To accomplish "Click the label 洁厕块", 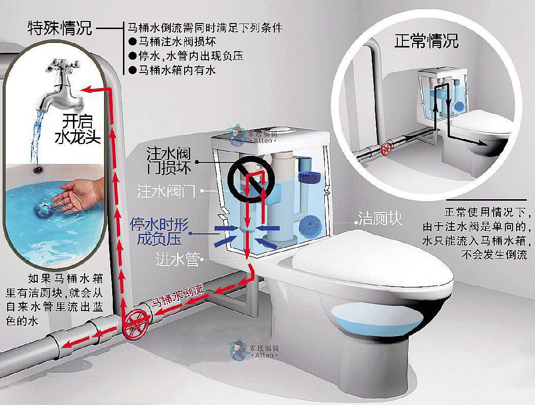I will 379,219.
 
